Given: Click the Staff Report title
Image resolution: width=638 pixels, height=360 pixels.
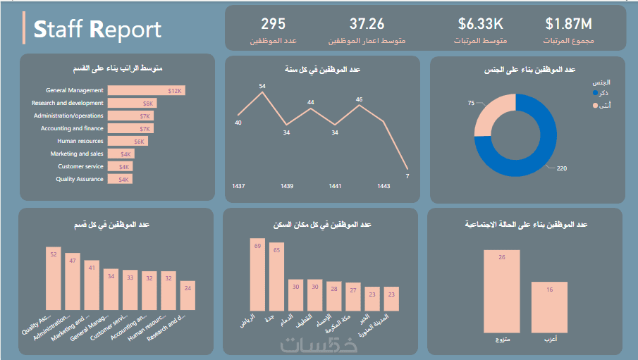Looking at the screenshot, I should tap(97, 29).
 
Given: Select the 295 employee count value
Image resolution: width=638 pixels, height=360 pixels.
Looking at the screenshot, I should tap(273, 24).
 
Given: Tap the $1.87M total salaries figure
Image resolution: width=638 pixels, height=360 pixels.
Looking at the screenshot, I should tap(569, 24).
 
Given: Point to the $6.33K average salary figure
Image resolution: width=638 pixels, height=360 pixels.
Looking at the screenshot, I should tap(480, 24).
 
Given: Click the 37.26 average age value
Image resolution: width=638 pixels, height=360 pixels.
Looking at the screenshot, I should tap(367, 24).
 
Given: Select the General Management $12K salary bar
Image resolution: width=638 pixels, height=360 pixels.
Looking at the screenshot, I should tap(146, 90).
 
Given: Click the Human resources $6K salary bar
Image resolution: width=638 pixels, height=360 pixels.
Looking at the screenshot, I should tap(127, 141).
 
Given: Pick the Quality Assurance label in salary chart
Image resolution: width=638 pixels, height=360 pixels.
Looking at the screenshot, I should tap(80, 179).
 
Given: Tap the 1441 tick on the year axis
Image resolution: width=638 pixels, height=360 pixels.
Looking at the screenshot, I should tap(335, 186).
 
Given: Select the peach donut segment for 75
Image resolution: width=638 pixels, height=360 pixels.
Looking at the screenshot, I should tap(486, 113).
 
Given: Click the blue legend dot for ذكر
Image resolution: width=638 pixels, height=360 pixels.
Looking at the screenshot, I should tap(596, 92).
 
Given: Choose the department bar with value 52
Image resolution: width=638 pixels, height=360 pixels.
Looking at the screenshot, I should tap(54, 278).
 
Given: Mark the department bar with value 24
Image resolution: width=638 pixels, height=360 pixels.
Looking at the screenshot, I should tap(187, 295).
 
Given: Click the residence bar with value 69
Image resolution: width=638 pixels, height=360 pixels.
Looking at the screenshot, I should tap(257, 274).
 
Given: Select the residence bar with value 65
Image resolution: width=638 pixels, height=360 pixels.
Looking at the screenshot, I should tap(276, 275).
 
